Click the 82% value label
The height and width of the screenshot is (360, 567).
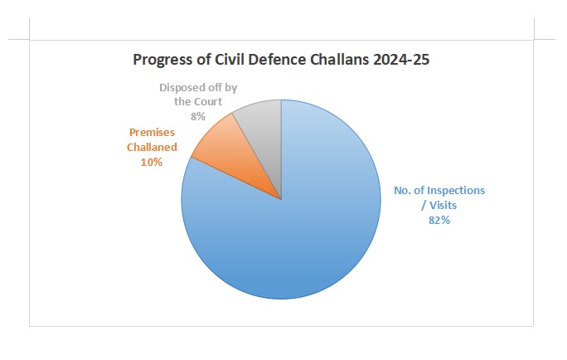[439, 220]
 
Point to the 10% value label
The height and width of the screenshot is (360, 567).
[151, 162]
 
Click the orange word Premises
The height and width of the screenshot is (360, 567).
[152, 132]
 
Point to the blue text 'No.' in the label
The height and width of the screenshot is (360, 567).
[404, 190]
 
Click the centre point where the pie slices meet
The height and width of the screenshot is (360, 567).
[282, 199]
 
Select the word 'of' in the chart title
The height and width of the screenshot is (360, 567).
[202, 60]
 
